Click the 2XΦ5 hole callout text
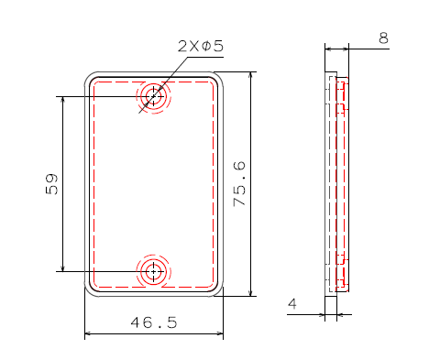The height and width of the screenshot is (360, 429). [x=201, y=46]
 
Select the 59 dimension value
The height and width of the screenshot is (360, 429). [x=51, y=184]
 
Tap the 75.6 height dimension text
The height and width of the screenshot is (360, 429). [x=239, y=184]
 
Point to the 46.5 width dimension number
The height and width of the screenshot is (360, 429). [x=154, y=322]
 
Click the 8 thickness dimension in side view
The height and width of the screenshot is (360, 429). [x=383, y=38]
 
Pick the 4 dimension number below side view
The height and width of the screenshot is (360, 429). [x=292, y=304]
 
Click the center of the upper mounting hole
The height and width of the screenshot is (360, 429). [x=153, y=96]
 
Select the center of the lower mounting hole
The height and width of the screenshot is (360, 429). [x=153, y=271]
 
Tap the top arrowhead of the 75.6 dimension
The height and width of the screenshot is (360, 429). [x=251, y=75]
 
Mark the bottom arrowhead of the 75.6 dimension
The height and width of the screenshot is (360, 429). [x=251, y=292]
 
